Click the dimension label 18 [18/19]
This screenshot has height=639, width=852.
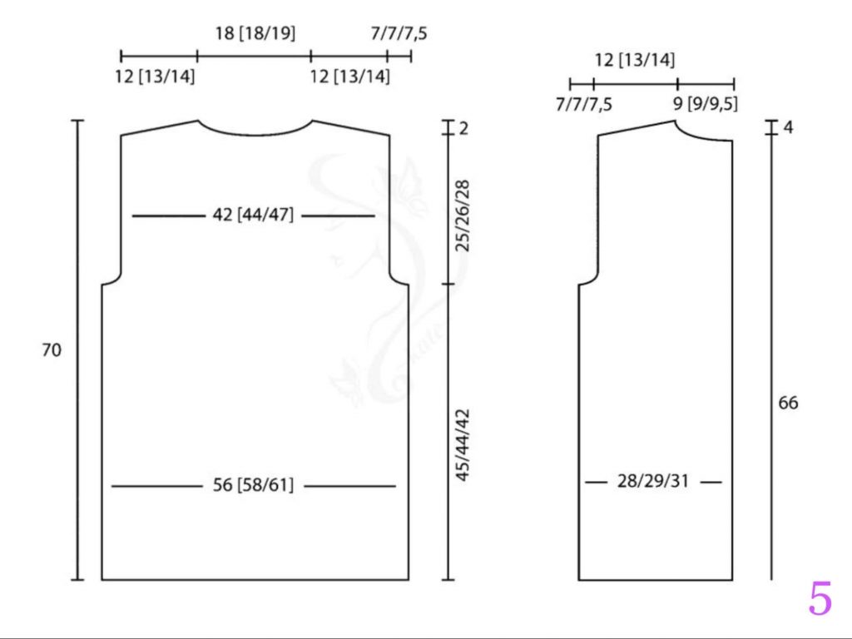pyautogui.click(x=255, y=33)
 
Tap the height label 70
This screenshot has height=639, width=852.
pyautogui.click(x=52, y=350)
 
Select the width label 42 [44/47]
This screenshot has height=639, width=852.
pyautogui.click(x=253, y=215)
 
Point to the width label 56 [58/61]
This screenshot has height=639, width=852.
pyautogui.click(x=253, y=485)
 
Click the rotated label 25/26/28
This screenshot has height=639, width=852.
pyautogui.click(x=463, y=215)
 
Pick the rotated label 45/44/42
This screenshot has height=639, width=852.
pyautogui.click(x=463, y=445)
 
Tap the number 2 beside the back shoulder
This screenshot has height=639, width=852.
pyautogui.click(x=463, y=129)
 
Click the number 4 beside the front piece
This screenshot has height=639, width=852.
pyautogui.click(x=788, y=127)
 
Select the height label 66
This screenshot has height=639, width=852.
pyautogui.click(x=789, y=403)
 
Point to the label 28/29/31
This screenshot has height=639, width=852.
pyautogui.click(x=653, y=481)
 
